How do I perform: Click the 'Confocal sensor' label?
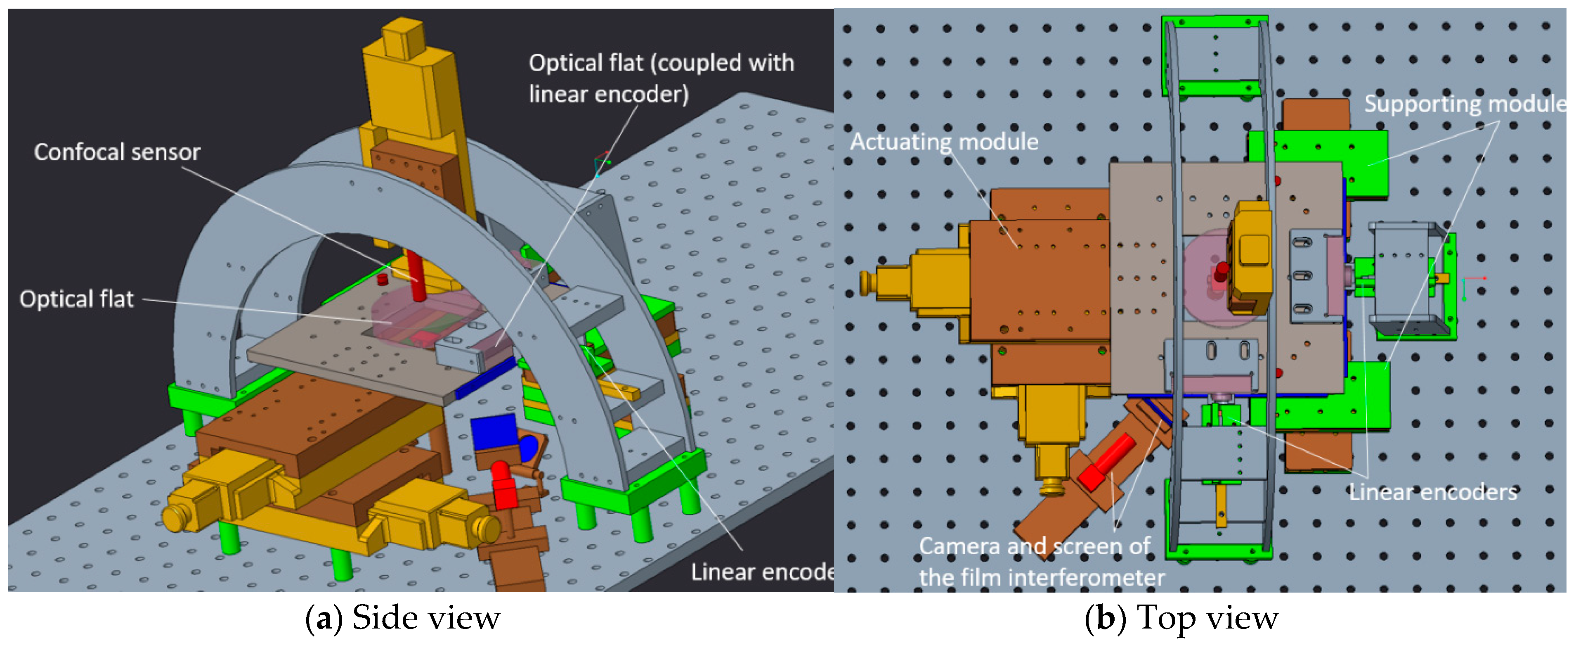pos(117,152)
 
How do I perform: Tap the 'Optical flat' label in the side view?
pos(76,299)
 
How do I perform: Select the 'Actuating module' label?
pos(944,142)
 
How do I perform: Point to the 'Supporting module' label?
pos(1465,104)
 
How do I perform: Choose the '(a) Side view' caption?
pos(403,618)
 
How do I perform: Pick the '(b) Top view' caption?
pos(1181,618)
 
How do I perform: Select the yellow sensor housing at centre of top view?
pos(1252,257)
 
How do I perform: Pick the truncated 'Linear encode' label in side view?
pos(762,572)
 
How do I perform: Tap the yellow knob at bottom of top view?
pos(1052,486)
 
